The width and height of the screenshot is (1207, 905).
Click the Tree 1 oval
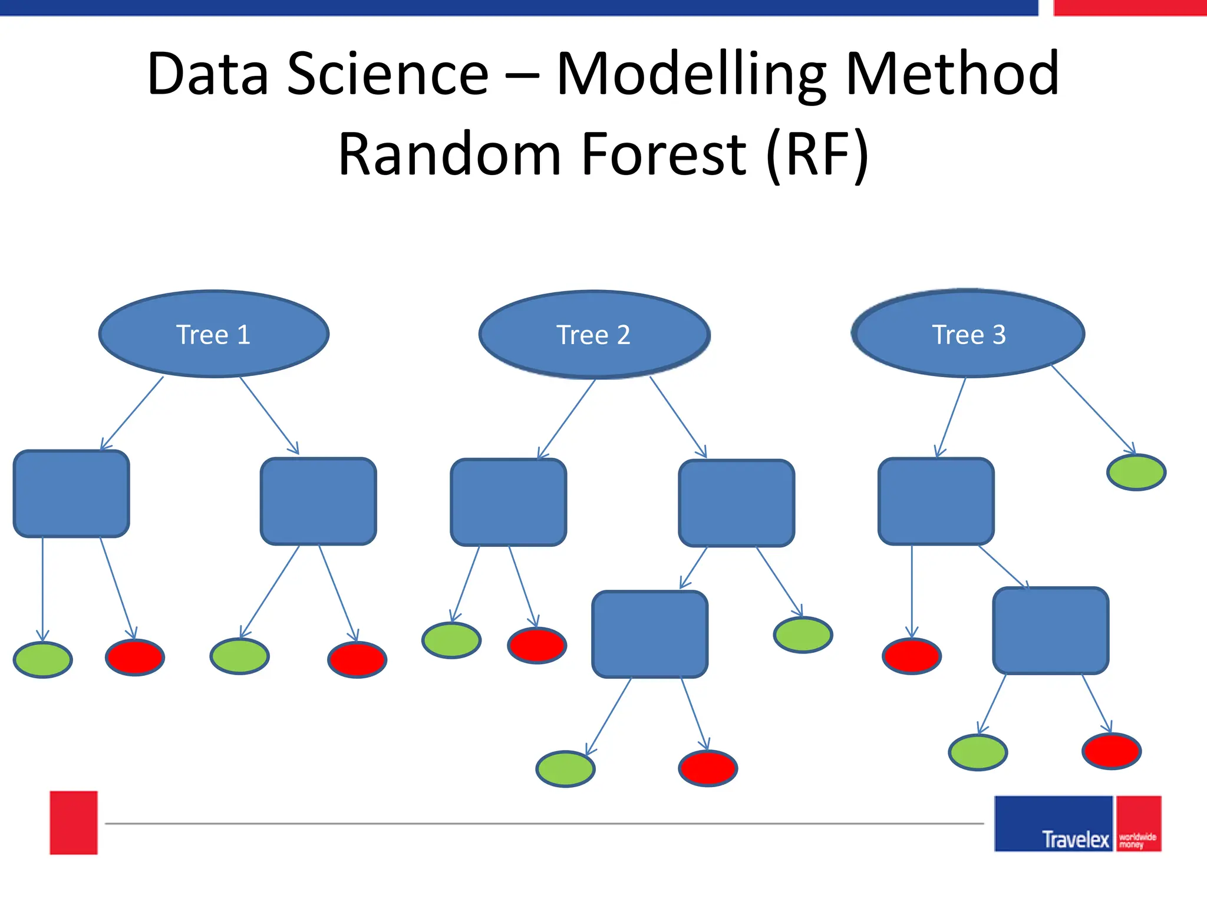[214, 333]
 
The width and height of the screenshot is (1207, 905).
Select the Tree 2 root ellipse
[594, 334]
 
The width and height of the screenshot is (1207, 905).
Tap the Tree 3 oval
[968, 333]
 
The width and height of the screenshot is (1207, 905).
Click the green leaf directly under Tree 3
[1136, 472]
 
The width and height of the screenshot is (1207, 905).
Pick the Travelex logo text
[1076, 839]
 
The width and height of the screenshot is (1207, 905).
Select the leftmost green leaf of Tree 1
[43, 659]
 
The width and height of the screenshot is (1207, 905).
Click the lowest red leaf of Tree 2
[708, 768]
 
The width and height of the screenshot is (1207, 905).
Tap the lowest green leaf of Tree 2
[565, 768]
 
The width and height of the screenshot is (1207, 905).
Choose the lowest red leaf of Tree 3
[1112, 751]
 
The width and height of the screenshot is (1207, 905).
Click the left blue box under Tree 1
[71, 494]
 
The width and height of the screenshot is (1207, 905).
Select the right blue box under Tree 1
[318, 501]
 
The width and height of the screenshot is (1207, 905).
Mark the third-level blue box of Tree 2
[649, 634]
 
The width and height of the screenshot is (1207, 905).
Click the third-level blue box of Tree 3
[1050, 630]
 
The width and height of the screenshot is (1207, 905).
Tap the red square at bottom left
[74, 823]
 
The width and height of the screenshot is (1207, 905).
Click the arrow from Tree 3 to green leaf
[1093, 409]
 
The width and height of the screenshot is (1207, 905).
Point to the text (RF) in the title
[817, 154]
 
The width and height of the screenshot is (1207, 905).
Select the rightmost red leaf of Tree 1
[357, 660]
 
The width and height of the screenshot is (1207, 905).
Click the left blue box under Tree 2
[508, 502]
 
